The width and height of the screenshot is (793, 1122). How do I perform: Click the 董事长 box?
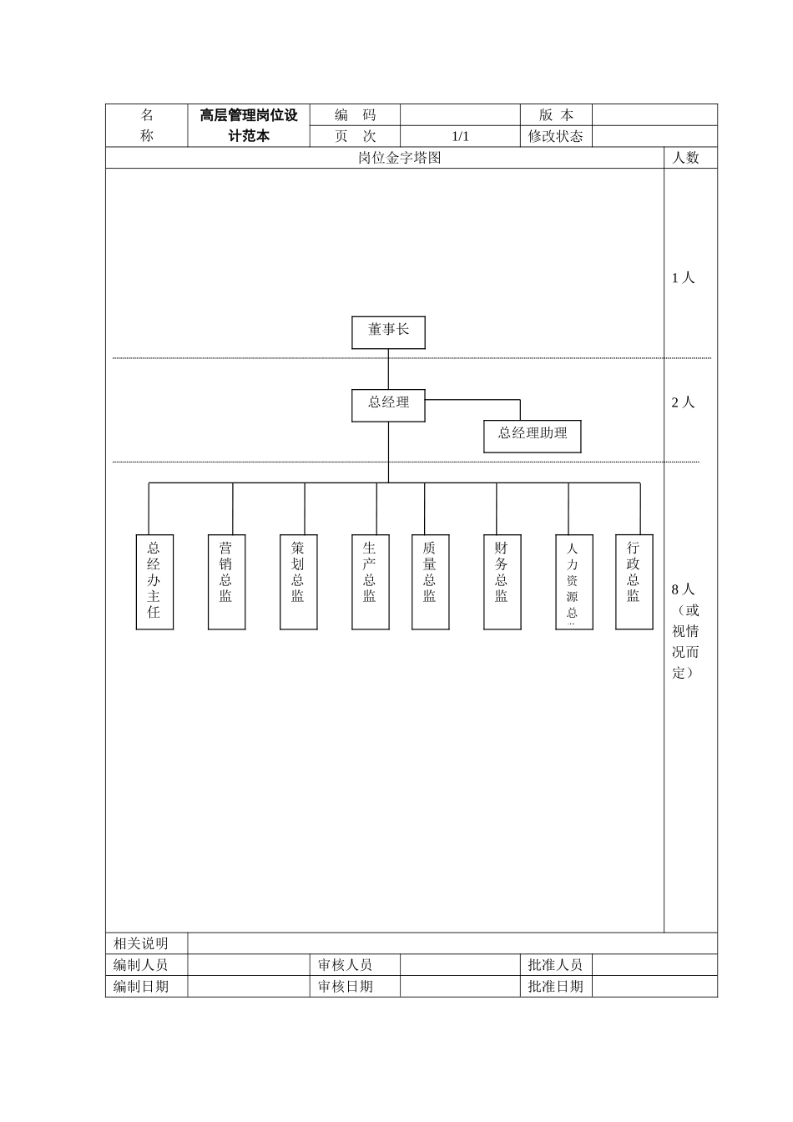pos(388,331)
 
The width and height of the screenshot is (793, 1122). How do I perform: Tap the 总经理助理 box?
pos(532,435)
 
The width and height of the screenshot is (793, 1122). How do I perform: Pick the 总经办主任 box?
pos(154,581)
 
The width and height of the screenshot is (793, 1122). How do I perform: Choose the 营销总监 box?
pos(226,581)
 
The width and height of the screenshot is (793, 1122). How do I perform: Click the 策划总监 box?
pos(298,581)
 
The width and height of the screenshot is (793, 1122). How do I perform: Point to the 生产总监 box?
pos(370,581)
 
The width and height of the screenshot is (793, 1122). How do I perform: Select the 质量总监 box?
pos(430,581)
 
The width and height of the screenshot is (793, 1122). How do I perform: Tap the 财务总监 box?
pos(502,581)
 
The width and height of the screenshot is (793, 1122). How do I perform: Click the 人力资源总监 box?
pos(573,581)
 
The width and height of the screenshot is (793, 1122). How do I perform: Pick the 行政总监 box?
pos(634,581)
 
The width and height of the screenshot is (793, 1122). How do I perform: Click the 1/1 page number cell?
pos(460,136)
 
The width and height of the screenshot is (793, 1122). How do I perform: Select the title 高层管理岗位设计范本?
pos(249,125)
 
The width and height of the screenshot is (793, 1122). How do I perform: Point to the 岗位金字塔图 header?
pos(399,158)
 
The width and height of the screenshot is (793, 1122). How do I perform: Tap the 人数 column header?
pos(686,158)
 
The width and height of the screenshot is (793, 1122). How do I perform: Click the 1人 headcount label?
pos(684,278)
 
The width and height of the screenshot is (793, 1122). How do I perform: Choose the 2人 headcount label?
pos(684,402)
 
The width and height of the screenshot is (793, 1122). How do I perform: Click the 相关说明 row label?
pos(141,943)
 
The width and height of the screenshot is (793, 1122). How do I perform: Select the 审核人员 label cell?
pos(346,965)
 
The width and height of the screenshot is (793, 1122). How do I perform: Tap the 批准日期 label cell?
pos(555,986)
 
